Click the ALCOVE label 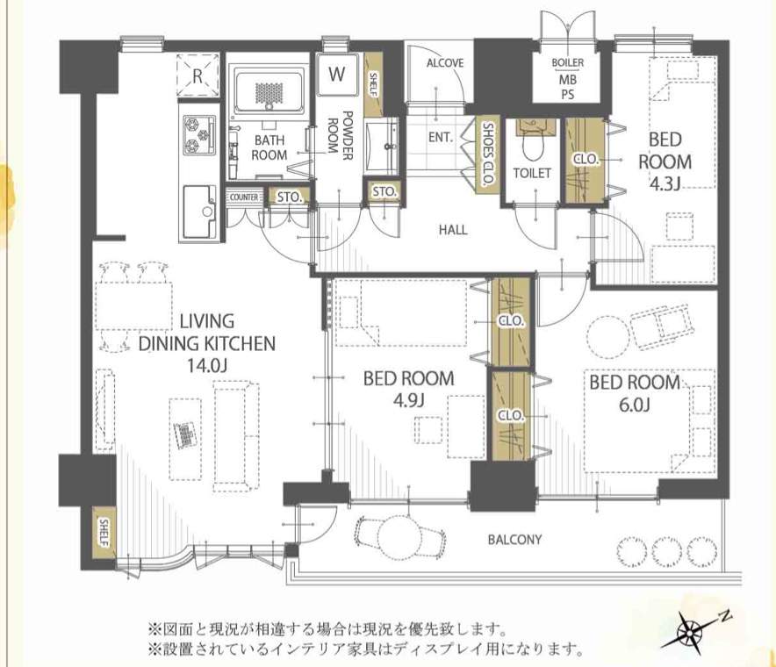tap(445, 63)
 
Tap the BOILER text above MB tap(568, 63)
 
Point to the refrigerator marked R tap(198, 75)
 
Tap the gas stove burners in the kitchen tap(199, 134)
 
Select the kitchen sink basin tap(200, 212)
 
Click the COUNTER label tap(244, 197)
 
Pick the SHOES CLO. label tap(486, 154)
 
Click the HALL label tap(453, 230)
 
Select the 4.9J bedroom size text tap(408, 400)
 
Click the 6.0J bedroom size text tap(634, 405)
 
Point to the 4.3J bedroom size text tap(665, 183)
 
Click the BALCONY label tap(514, 540)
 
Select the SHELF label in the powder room tap(373, 85)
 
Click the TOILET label tap(532, 173)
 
